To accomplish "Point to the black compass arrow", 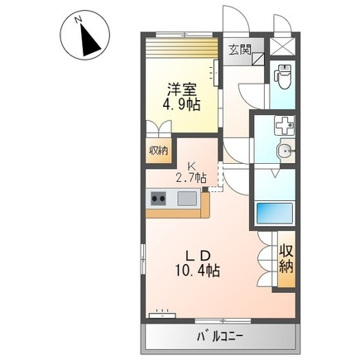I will coord(86,39).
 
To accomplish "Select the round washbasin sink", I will coord(285,151).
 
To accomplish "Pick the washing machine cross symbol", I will coord(283,127).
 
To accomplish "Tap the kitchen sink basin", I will coord(186,199).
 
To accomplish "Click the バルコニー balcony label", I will coord(221,336).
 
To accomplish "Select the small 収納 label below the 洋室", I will coord(158,150).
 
